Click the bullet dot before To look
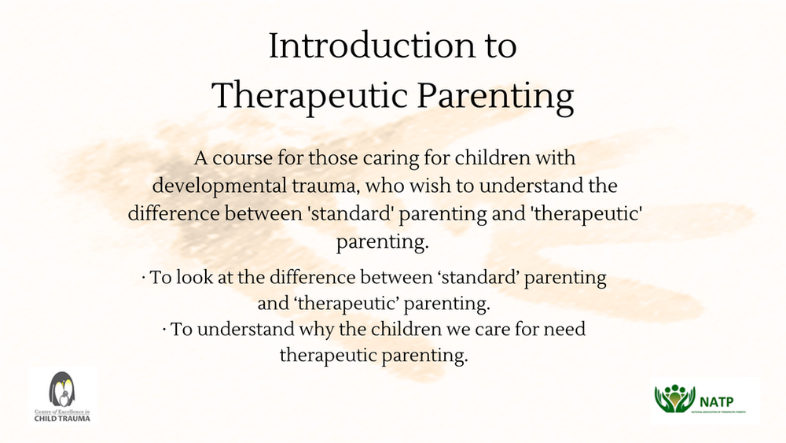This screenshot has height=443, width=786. pos(144,279)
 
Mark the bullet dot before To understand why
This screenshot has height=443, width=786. pos(166,329)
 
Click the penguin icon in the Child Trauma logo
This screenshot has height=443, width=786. pos(62,389)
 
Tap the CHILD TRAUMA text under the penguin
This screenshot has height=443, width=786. pos(62,419)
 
